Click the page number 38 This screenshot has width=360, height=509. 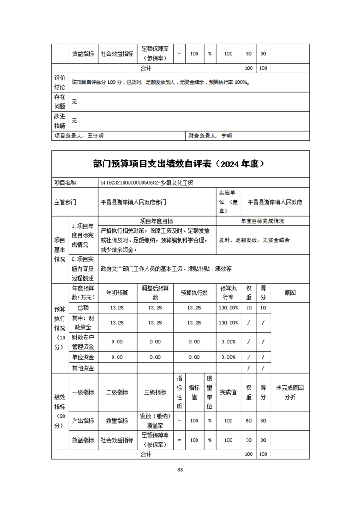click(x=180, y=470)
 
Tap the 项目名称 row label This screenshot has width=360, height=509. click(x=65, y=182)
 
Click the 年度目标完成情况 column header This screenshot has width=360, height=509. click(x=262, y=221)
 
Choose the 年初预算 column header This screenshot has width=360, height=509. click(x=117, y=293)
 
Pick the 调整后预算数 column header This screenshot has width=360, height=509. click(x=155, y=293)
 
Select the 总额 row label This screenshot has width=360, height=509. click(x=83, y=308)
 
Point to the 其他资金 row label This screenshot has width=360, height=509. click(x=83, y=368)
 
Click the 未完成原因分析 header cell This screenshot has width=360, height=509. click(x=290, y=392)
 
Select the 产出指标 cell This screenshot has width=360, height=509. click(x=83, y=421)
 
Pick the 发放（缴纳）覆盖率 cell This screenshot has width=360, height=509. click(x=155, y=421)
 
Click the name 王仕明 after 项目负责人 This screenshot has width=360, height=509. click(x=95, y=136)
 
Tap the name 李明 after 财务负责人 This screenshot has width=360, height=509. click(x=226, y=136)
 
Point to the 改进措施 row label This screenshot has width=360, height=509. click(x=60, y=121)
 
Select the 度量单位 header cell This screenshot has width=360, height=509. click(x=210, y=392)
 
